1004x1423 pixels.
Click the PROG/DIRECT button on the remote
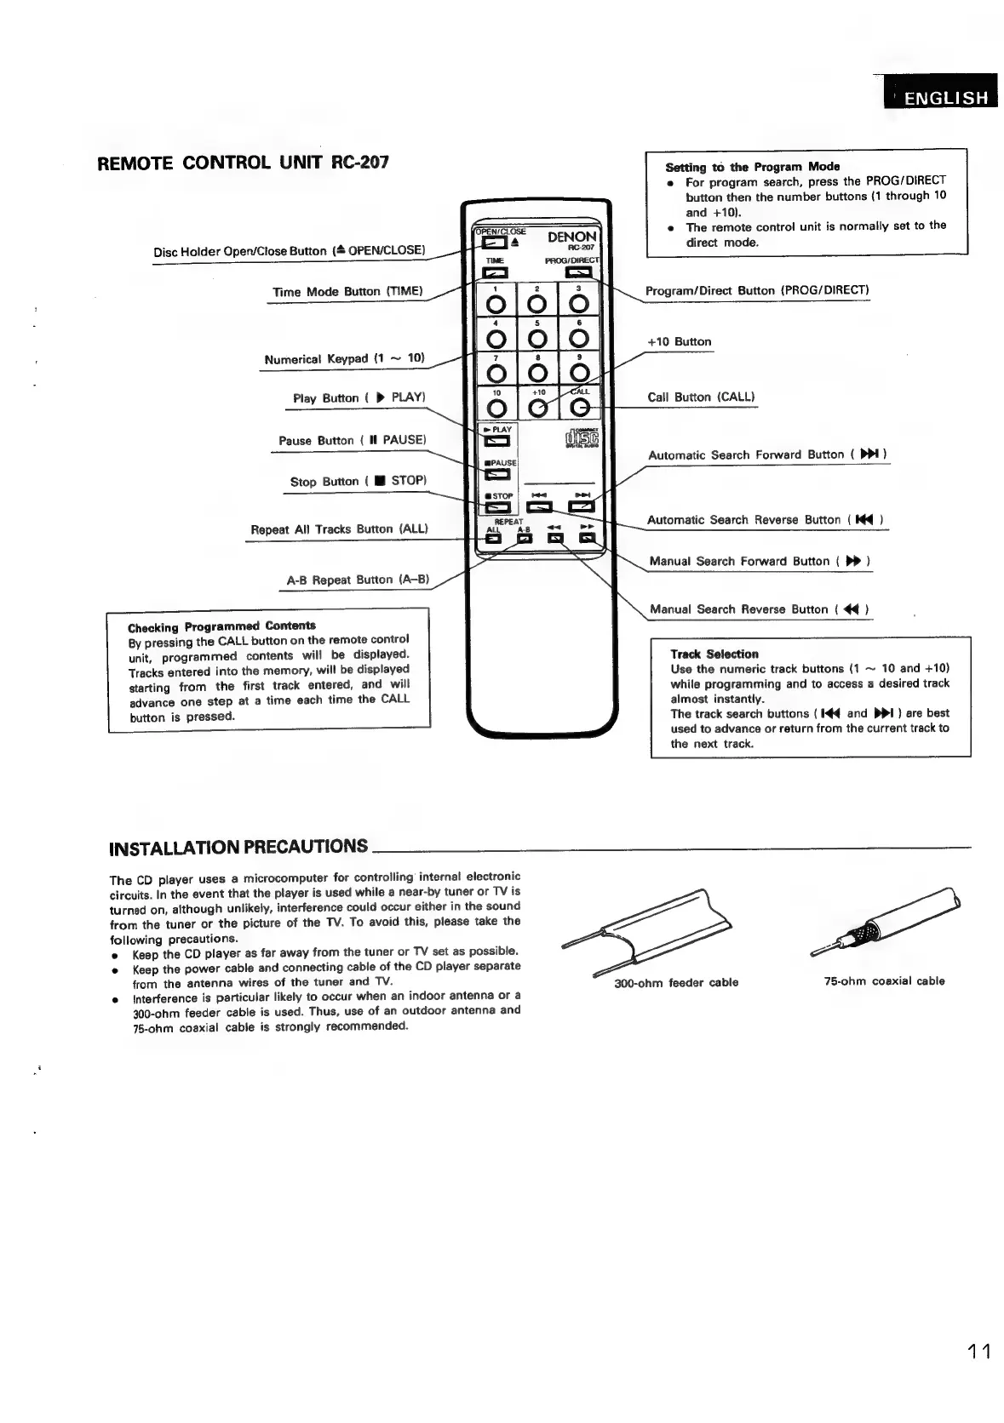578,272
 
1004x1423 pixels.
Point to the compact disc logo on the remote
582,438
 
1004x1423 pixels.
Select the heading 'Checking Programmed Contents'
221,626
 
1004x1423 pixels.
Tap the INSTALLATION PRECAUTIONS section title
239,847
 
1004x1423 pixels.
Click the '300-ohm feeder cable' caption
676,982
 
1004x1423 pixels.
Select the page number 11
978,1351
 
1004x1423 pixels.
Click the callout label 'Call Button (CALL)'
701,397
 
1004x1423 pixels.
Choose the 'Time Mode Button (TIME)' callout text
347,291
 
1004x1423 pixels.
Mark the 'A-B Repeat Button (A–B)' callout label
358,580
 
